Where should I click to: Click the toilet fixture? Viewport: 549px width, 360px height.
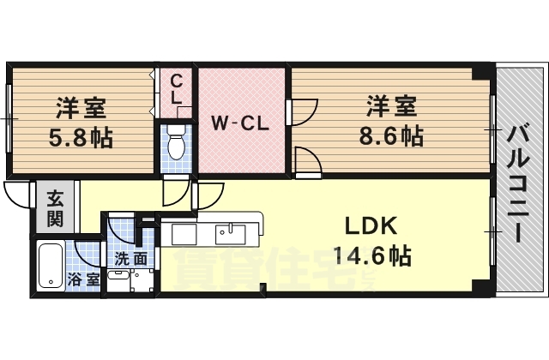tap(176, 143)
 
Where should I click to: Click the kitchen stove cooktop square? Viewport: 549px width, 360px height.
tap(184, 234)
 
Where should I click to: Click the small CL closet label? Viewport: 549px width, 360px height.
tap(176, 88)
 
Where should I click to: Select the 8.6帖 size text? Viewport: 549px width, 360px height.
tap(391, 135)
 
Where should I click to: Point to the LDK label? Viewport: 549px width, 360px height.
tap(371, 226)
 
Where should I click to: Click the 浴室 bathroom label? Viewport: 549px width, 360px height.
tap(84, 279)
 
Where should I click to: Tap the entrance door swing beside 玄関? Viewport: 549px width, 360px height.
tap(19, 195)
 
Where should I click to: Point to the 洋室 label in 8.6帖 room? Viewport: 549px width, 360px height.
tap(391, 107)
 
